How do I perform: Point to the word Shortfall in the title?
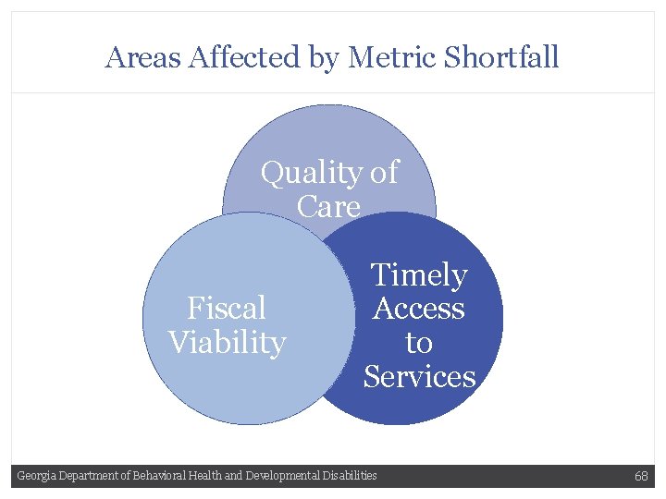click(x=501, y=57)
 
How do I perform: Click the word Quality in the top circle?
click(x=312, y=173)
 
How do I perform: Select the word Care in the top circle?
click(x=328, y=207)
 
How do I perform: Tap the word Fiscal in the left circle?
click(x=227, y=308)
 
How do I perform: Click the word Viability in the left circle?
click(x=227, y=343)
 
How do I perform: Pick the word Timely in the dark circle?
click(x=419, y=275)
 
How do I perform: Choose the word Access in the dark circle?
click(x=419, y=309)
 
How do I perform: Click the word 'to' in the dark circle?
click(x=419, y=343)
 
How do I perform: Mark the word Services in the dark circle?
click(x=419, y=377)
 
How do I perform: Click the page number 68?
click(x=641, y=476)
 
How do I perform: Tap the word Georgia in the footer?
click(x=36, y=476)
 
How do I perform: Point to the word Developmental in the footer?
click(x=282, y=476)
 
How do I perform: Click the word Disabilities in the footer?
click(x=350, y=476)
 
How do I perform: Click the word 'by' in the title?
click(x=325, y=57)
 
